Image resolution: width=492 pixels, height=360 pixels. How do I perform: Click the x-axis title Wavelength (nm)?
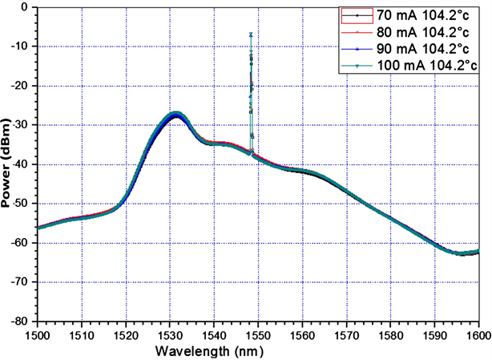tap(257, 350)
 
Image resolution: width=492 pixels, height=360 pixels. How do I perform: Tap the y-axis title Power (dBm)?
tap(7, 164)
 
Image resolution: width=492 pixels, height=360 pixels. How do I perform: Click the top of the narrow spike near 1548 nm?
tap(251, 34)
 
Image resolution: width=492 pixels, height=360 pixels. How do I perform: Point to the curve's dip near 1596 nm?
tap(462, 253)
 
